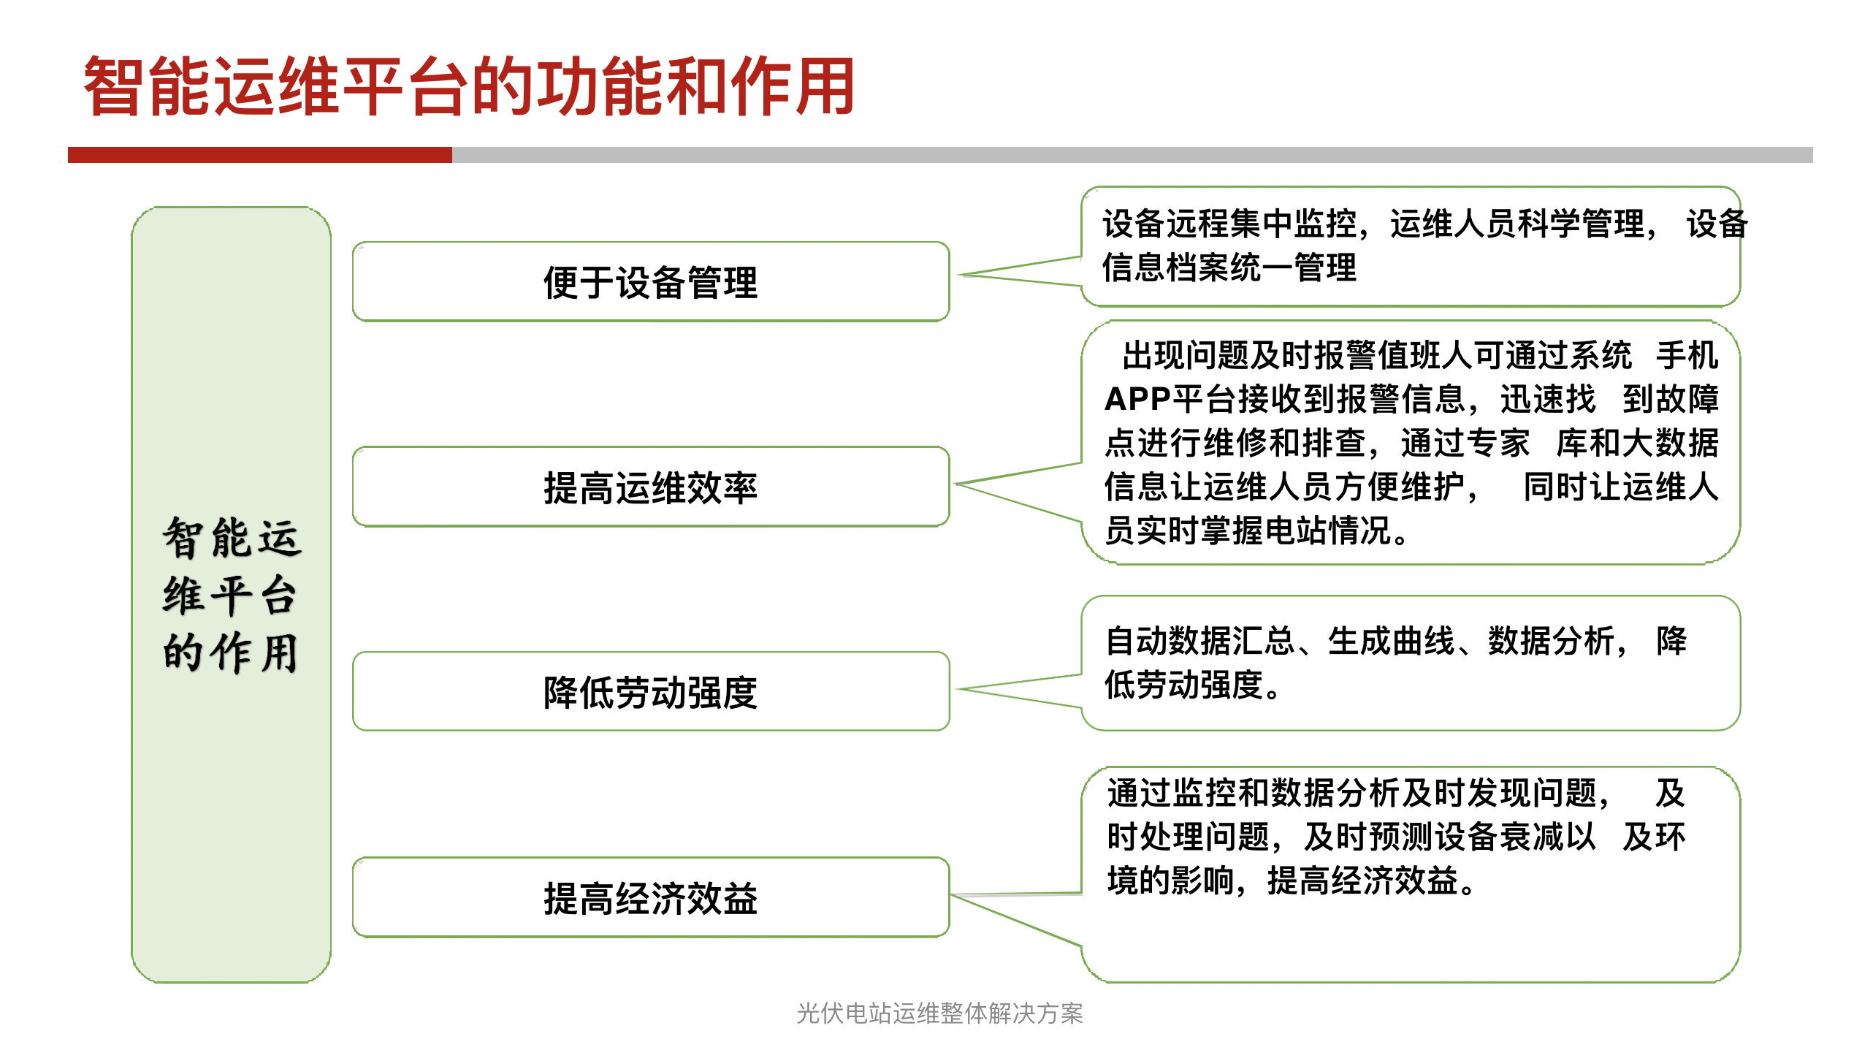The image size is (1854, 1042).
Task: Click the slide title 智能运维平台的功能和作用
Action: (469, 86)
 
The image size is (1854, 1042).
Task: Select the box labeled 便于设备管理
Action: (651, 281)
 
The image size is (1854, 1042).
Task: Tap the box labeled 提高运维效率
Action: (651, 487)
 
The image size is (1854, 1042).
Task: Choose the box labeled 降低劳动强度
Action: (651, 691)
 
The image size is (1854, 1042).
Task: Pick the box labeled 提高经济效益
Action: (651, 897)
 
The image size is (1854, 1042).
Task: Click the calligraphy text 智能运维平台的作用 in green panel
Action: (231, 594)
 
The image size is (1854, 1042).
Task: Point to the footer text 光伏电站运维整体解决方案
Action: (939, 1014)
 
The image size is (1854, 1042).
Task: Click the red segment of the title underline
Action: (260, 155)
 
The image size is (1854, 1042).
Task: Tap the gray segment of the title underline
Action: (1132, 155)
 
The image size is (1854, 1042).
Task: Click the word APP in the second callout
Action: (1137, 400)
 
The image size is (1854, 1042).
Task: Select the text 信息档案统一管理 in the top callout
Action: (1229, 267)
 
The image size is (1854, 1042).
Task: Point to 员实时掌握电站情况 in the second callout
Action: (1247, 530)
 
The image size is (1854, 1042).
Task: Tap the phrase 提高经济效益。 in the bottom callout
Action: (1371, 881)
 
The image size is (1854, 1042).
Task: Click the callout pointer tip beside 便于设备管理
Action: (959, 275)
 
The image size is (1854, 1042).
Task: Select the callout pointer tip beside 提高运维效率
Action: (957, 484)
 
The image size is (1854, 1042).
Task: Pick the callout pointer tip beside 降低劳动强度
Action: (958, 689)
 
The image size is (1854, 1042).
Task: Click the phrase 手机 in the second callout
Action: (1687, 356)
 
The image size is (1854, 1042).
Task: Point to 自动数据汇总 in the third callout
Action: (1200, 642)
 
